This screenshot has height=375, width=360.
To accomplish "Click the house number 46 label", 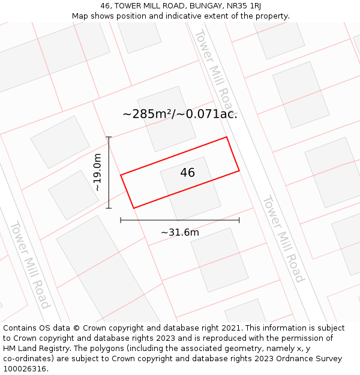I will pyautogui.click(x=187, y=173).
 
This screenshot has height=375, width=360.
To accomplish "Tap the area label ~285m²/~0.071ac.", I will pyautogui.click(x=180, y=113).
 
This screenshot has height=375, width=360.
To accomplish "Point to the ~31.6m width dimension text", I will pyautogui.click(x=180, y=232).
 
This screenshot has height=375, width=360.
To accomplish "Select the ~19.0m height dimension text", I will pyautogui.click(x=98, y=172).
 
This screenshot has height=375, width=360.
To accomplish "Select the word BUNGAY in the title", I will pyautogui.click(x=199, y=6).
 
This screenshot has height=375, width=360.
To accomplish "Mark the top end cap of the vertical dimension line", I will pyautogui.click(x=109, y=137).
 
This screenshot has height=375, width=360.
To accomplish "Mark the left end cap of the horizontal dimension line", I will pyautogui.click(x=121, y=220).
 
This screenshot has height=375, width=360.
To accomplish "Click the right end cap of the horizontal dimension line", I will pyautogui.click(x=239, y=220).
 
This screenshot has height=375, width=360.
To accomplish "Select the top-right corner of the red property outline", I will pyautogui.click(x=226, y=137).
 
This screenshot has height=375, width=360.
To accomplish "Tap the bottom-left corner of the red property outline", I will pyautogui.click(x=133, y=208).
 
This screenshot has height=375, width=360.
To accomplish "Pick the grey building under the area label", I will pyautogui.click(x=166, y=118).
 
